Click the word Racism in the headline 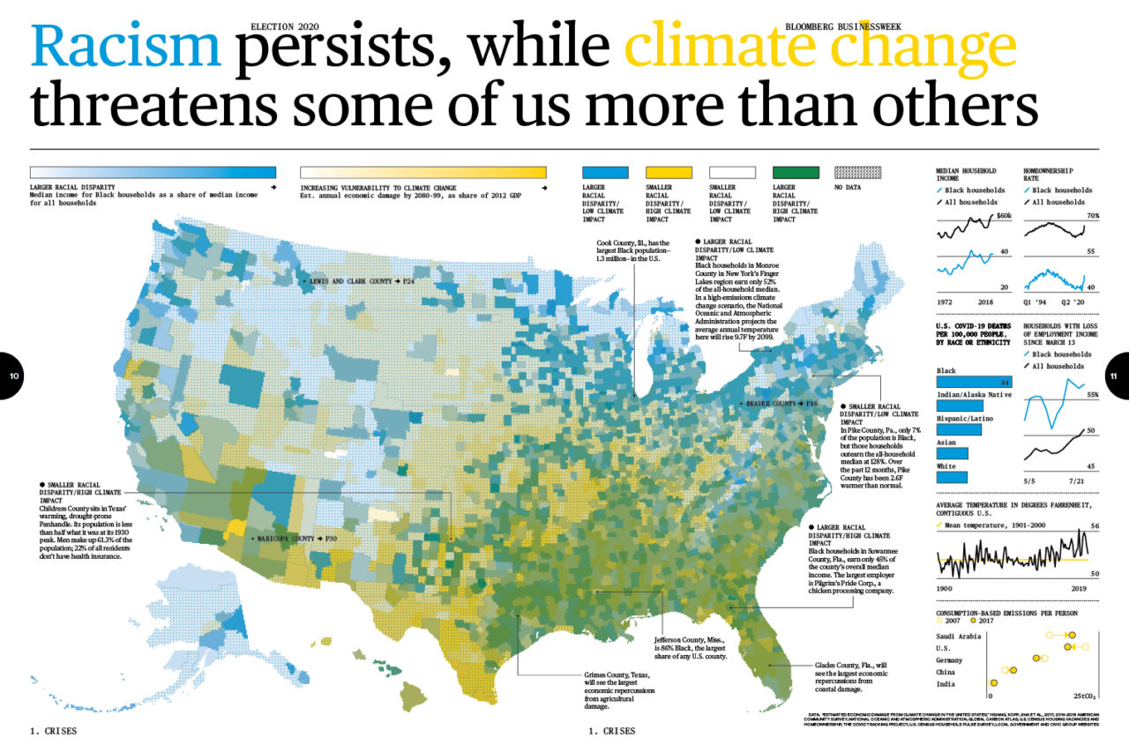click(x=125, y=46)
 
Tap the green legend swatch click(x=795, y=173)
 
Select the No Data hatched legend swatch click(x=858, y=173)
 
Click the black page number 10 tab click(x=12, y=376)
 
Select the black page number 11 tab click(x=1116, y=376)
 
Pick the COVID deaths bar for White click(x=951, y=477)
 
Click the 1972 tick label click(x=946, y=301)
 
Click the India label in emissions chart click(x=946, y=683)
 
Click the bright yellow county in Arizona click(x=234, y=527)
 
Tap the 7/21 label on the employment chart click(x=1077, y=480)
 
